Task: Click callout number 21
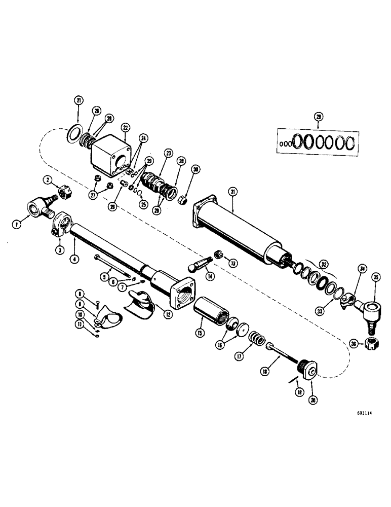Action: (x=79, y=101)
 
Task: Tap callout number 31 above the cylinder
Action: (x=232, y=191)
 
